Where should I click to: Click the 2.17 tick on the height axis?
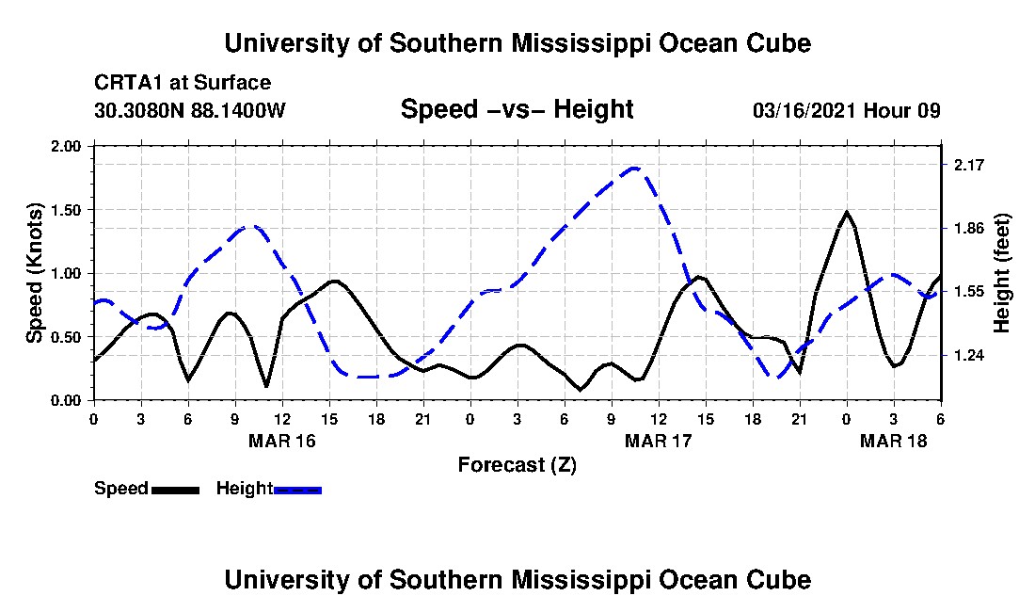coord(968,165)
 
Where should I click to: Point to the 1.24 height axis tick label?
coord(968,355)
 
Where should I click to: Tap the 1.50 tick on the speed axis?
coord(65,210)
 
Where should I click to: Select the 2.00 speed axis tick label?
coord(65,146)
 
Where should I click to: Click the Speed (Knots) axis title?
coord(34,273)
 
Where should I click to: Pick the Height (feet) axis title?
coord(1001,273)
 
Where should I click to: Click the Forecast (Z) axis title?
coord(517,465)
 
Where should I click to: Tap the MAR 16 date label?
coord(282,441)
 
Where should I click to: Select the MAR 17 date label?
coord(658,441)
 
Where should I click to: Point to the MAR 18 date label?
coord(893,441)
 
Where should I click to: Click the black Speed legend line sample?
coord(175,490)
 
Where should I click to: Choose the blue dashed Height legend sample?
coord(297,490)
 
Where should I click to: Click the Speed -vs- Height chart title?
coord(517,109)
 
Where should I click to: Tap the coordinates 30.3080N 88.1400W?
coord(189,110)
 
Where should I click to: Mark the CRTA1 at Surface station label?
coord(183,83)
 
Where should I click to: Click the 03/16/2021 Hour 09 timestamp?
coord(846,110)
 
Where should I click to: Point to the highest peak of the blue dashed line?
coord(634,168)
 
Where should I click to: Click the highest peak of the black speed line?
coord(846,212)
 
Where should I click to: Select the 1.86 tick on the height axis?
coord(968,229)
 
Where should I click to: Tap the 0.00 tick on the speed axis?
coord(65,401)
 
